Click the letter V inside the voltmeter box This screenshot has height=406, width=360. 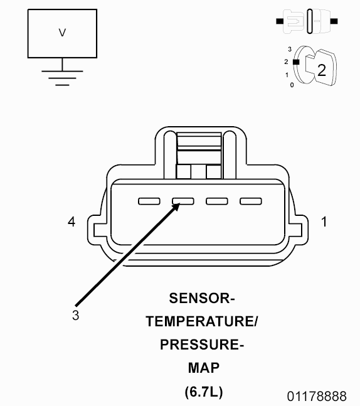click(x=62, y=33)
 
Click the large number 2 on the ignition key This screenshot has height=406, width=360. click(x=322, y=70)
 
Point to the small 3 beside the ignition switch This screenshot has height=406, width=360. click(x=290, y=49)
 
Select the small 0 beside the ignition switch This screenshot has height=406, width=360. click(x=292, y=85)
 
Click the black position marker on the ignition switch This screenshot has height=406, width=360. click(x=296, y=62)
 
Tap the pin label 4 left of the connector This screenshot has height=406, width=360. click(x=71, y=222)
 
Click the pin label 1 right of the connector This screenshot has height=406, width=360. click(x=324, y=222)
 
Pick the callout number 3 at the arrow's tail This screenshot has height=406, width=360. click(x=75, y=316)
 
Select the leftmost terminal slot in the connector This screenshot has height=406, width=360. click(x=149, y=201)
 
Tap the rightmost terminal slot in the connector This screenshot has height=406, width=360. click(x=251, y=201)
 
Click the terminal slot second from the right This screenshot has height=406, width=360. click(x=217, y=201)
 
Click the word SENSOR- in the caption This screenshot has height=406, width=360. click(x=202, y=298)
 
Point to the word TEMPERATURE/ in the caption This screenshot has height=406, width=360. click(x=202, y=321)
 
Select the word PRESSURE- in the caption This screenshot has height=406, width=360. click(x=202, y=345)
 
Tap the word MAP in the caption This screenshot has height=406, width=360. click(x=204, y=368)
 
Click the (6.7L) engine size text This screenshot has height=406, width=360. click(x=204, y=392)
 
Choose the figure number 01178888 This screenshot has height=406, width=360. click(x=317, y=397)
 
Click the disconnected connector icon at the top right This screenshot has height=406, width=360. click(x=307, y=21)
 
